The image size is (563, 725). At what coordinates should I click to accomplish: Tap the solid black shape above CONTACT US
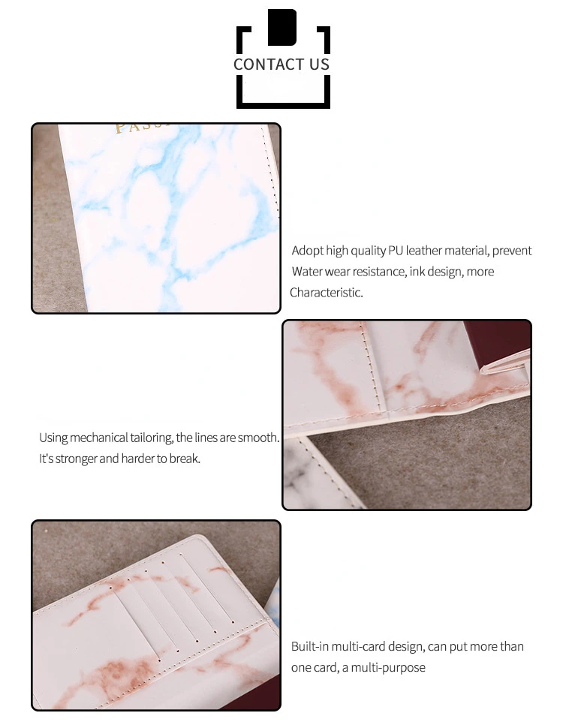(282, 27)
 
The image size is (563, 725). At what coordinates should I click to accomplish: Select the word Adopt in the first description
(307, 251)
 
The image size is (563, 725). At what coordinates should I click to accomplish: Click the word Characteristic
(326, 293)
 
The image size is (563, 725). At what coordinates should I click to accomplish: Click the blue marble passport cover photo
(156, 218)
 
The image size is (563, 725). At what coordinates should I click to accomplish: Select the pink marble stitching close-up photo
(407, 415)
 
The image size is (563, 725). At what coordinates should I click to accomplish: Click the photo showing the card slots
(156, 615)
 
